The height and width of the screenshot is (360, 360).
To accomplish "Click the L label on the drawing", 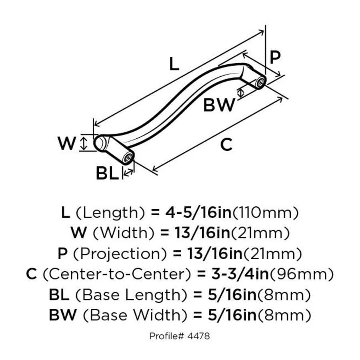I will (x=173, y=64).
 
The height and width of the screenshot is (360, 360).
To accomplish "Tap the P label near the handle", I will (x=275, y=58).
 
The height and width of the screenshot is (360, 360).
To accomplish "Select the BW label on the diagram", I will (x=219, y=106).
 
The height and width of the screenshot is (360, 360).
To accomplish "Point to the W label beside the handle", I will (x=66, y=143).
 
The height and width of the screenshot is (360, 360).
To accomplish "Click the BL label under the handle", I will (x=107, y=173).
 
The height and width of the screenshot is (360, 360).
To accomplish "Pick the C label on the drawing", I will (x=226, y=145).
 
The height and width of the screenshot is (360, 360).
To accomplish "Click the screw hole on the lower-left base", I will (x=128, y=158).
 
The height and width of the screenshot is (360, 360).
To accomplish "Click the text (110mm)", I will (x=265, y=212).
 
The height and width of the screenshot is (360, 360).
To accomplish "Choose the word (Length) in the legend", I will (x=110, y=212).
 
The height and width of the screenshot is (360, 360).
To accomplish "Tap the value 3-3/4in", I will (x=236, y=274).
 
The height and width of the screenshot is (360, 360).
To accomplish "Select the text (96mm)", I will (x=301, y=274).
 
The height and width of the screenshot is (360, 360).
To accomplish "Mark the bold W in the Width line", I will (x=79, y=233).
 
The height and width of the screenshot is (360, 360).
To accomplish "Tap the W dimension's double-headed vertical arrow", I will (x=84, y=143).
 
